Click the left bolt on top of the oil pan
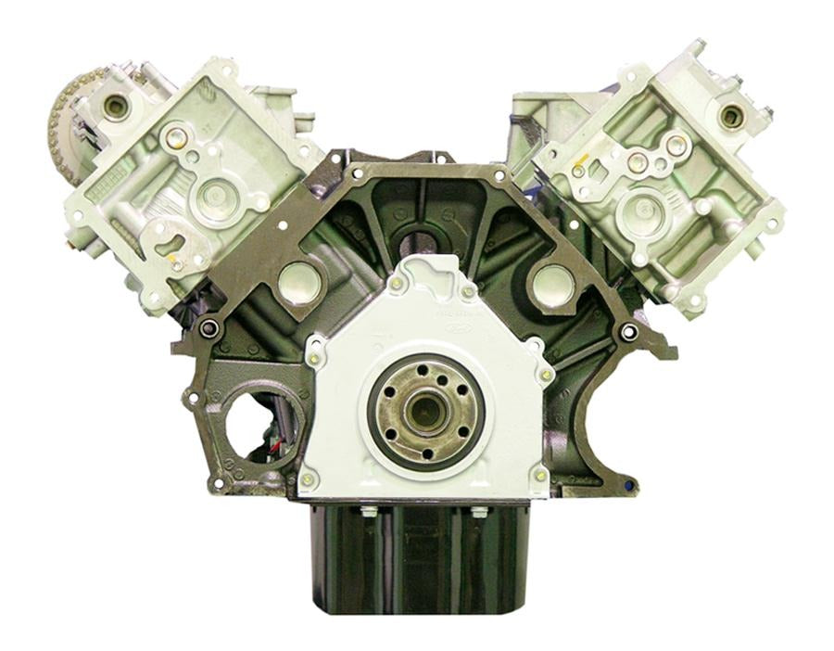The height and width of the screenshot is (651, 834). pos(369,511)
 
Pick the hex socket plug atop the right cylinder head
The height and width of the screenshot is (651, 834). pos(731,116)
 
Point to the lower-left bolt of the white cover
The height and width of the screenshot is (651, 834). pos(310,479)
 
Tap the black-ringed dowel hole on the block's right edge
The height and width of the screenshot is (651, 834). pos(630,332)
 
